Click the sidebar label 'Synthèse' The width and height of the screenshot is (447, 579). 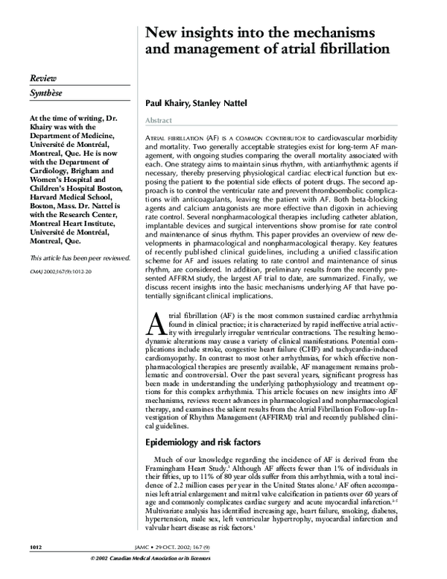pyautogui.click(x=46, y=96)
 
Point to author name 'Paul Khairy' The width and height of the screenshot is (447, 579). pyautogui.click(x=165, y=105)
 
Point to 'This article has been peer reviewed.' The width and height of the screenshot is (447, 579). pyautogui.click(x=79, y=257)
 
